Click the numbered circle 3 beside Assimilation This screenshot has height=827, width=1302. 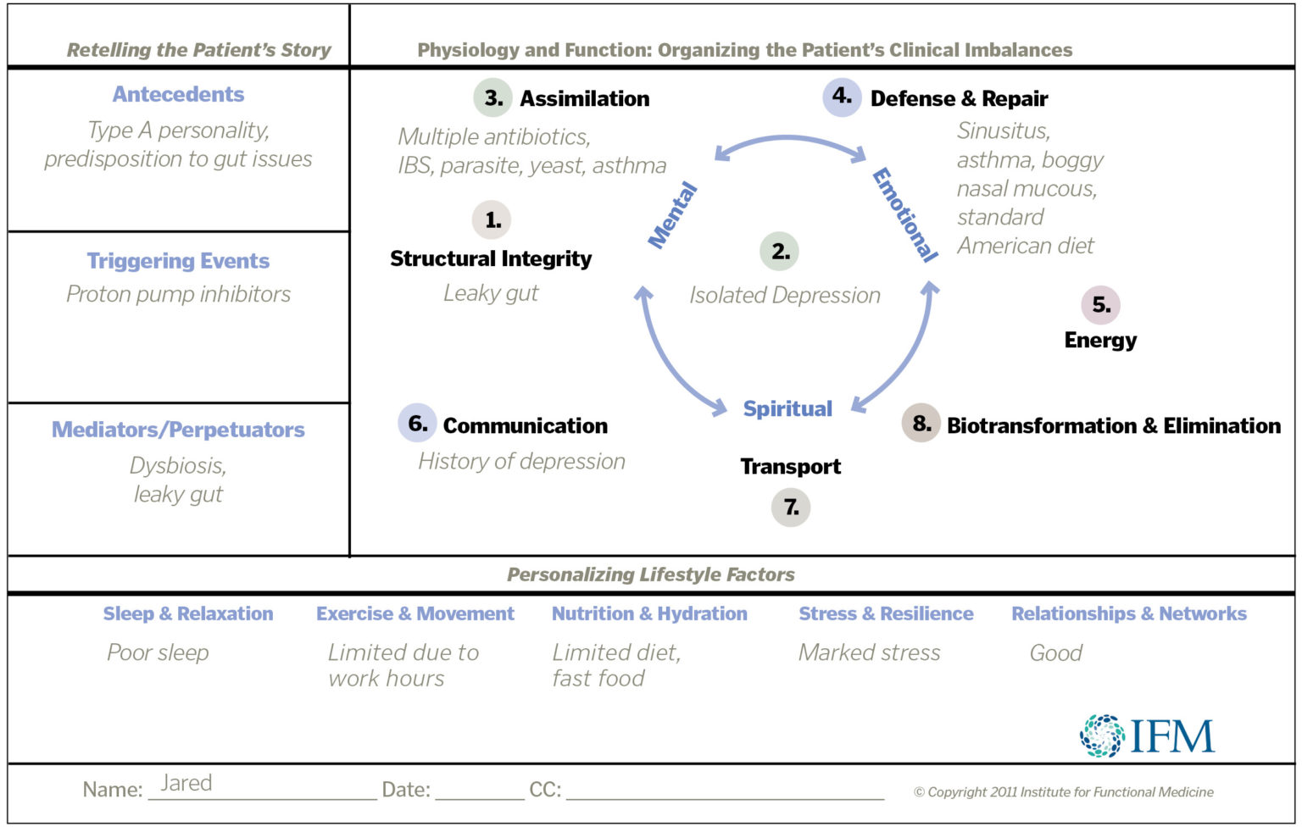(x=493, y=97)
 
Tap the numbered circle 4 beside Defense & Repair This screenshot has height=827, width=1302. (x=842, y=97)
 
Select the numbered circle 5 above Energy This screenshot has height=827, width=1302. (x=1100, y=305)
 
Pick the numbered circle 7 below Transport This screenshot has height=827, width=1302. (x=791, y=508)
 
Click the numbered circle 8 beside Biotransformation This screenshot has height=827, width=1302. (x=921, y=424)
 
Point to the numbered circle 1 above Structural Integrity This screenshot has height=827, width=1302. (x=492, y=220)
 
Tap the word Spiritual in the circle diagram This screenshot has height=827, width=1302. (x=787, y=408)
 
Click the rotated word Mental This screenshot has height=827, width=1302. (x=673, y=215)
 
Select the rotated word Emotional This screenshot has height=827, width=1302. (x=905, y=215)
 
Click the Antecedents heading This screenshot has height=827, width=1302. (x=178, y=94)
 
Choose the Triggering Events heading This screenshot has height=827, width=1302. (x=178, y=261)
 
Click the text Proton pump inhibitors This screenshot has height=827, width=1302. (x=178, y=294)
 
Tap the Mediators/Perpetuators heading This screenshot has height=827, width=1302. (x=178, y=430)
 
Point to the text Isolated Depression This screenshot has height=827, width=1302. (x=785, y=295)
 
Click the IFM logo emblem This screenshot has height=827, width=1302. (x=1102, y=735)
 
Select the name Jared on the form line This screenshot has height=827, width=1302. (x=186, y=783)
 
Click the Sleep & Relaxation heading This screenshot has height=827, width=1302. (x=188, y=613)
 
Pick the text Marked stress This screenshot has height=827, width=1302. (x=870, y=652)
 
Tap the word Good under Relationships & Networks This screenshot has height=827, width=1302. (x=1056, y=652)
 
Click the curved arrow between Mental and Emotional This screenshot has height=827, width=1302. (x=789, y=140)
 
